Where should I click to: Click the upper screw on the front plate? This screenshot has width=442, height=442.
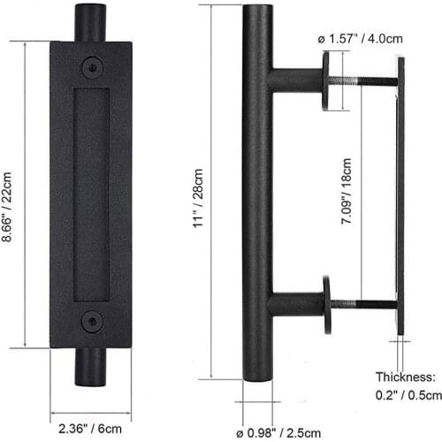[91, 67]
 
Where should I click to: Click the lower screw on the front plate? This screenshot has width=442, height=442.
[91, 320]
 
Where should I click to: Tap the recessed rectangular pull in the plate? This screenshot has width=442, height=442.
[91, 194]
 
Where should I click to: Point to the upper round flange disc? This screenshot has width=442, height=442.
[326, 80]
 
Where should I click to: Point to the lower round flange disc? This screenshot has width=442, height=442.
[326, 305]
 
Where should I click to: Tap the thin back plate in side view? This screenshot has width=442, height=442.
[400, 194]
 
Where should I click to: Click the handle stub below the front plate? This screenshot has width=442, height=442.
[90, 366]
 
